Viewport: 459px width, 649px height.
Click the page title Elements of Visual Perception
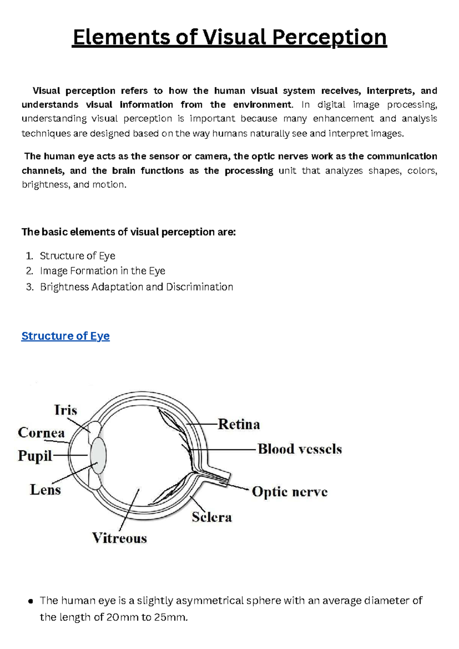[x=229, y=38]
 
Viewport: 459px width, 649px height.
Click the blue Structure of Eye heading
[x=65, y=336]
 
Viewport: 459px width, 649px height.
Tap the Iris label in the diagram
[x=65, y=410]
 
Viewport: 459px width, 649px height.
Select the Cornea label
[x=41, y=433]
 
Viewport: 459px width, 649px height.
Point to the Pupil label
[x=35, y=456]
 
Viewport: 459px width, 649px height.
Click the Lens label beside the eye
[x=45, y=490]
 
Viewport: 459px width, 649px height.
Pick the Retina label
[x=239, y=424]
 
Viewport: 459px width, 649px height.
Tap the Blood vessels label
[x=299, y=449]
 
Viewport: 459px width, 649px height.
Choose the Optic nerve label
[x=290, y=492]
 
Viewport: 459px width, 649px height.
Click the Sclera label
[x=212, y=517]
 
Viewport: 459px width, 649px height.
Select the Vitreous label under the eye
[x=119, y=538]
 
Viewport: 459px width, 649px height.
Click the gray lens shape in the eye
[x=98, y=455]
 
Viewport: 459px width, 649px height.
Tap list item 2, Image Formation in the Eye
[x=103, y=271]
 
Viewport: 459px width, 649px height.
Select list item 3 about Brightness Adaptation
[x=137, y=287]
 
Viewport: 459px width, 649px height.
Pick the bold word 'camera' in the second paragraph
[x=211, y=157]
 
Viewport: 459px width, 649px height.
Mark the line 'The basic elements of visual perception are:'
[x=129, y=232]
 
